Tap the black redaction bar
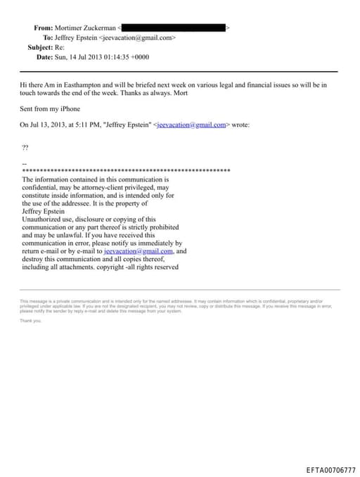click(173, 27)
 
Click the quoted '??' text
click(25, 147)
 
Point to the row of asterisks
click(127, 171)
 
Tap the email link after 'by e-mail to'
click(138, 251)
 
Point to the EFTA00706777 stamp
click(330, 469)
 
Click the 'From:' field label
click(44, 27)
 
